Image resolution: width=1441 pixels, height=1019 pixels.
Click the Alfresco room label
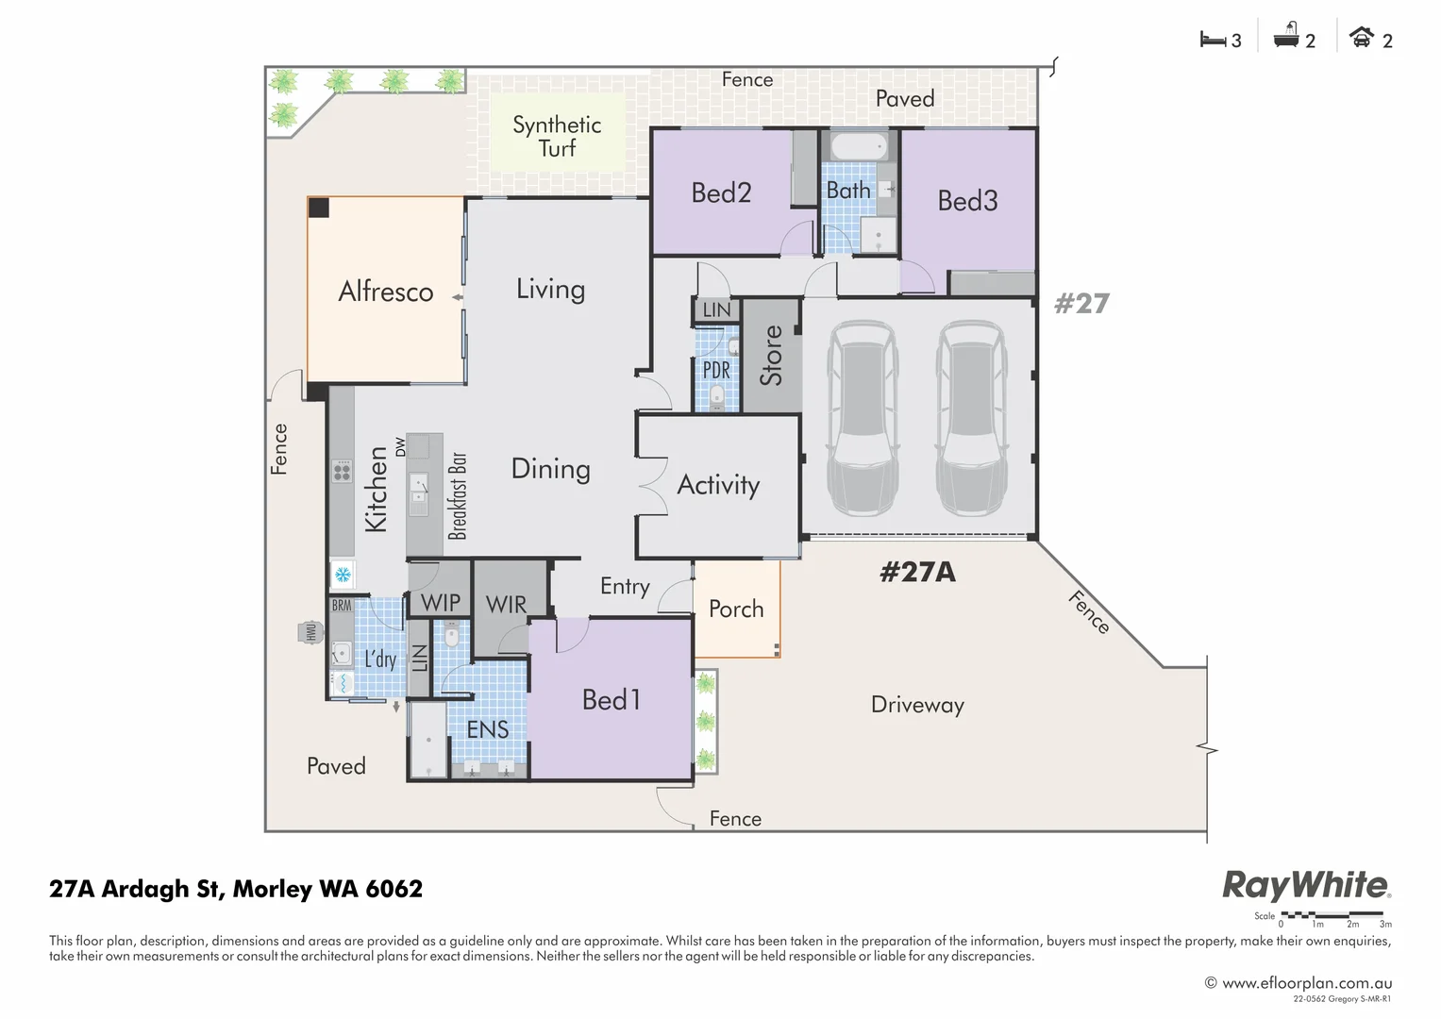pyautogui.click(x=385, y=292)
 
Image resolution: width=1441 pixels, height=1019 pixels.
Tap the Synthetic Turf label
pyautogui.click(x=557, y=136)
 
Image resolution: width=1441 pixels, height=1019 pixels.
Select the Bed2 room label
pyautogui.click(x=721, y=192)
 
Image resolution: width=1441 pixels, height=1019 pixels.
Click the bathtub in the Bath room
pyautogui.click(x=859, y=146)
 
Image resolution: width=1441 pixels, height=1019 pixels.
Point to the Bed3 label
pyautogui.click(x=967, y=200)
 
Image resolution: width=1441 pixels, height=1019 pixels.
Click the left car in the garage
pyautogui.click(x=863, y=417)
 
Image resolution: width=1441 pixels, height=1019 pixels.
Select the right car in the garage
pyautogui.click(x=971, y=417)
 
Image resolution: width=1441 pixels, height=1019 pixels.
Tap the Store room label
pyautogui.click(x=771, y=356)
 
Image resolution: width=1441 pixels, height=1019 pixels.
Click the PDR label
pyautogui.click(x=716, y=370)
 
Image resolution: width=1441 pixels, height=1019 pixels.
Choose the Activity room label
pyautogui.click(x=718, y=485)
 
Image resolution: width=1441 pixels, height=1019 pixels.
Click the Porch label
pyautogui.click(x=736, y=609)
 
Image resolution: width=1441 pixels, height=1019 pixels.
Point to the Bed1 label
pyautogui.click(x=612, y=699)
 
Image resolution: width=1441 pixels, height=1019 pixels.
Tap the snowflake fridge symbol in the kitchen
pyautogui.click(x=343, y=574)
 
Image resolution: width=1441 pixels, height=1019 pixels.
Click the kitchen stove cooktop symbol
pyautogui.click(x=342, y=471)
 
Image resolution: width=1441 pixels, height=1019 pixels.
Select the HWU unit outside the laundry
pyautogui.click(x=310, y=632)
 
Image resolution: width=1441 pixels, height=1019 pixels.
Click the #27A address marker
pyautogui.click(x=917, y=572)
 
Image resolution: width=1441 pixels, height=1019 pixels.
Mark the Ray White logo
pyautogui.click(x=1306, y=885)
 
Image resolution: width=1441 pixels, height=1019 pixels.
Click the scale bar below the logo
pyautogui.click(x=1332, y=915)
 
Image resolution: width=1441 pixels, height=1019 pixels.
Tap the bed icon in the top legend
pyautogui.click(x=1212, y=40)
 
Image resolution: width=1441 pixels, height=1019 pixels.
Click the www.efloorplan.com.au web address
pyautogui.click(x=1306, y=983)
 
